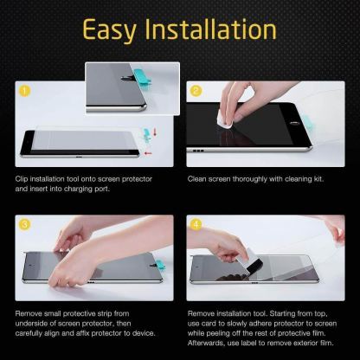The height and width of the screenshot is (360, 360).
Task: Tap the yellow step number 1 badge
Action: [x=25, y=89]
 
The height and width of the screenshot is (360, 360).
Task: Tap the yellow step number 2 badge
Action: [x=196, y=88]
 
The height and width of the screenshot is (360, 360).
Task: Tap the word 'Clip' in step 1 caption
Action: [x=22, y=177]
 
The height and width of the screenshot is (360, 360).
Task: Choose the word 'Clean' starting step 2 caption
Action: [x=199, y=177]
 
